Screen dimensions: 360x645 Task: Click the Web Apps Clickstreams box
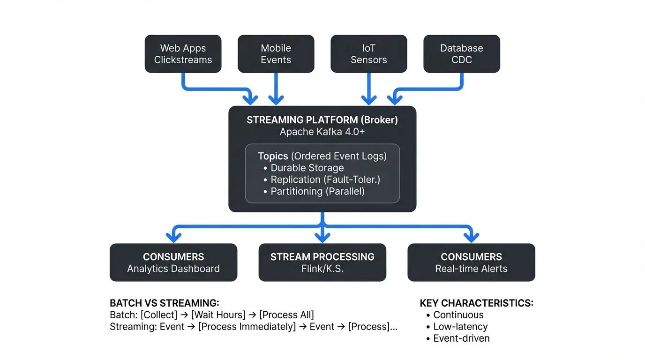(x=183, y=54)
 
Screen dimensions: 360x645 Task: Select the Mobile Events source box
(x=276, y=54)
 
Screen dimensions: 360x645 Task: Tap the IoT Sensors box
(x=368, y=54)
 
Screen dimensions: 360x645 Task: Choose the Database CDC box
(x=461, y=54)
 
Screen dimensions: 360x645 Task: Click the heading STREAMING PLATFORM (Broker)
(x=322, y=120)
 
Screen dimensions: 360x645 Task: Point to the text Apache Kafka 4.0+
(x=322, y=132)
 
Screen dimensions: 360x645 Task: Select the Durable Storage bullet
(x=307, y=168)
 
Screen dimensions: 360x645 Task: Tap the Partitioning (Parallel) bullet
(x=317, y=191)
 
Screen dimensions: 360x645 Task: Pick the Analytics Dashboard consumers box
(x=173, y=262)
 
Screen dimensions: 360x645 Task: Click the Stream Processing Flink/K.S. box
(x=322, y=262)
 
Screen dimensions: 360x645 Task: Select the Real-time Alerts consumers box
(x=471, y=262)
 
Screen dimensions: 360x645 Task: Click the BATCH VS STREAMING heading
(x=164, y=303)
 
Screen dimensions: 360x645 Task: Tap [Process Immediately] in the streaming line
(x=247, y=326)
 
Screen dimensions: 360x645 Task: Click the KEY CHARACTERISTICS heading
(x=476, y=303)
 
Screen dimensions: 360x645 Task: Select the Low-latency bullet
(x=460, y=327)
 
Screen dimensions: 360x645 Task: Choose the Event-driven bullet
(x=461, y=338)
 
